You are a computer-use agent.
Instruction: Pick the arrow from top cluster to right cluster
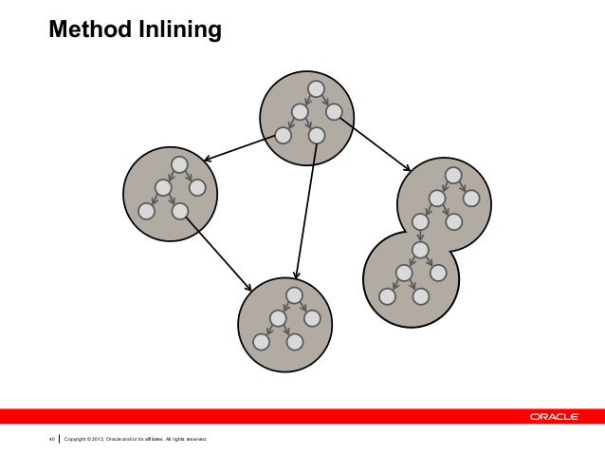point(375,146)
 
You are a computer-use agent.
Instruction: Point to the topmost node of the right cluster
point(454,176)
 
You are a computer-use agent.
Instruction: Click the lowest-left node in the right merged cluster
point(387,295)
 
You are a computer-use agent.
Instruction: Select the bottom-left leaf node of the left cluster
point(146,211)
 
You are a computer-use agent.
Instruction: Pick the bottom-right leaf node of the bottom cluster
point(295,341)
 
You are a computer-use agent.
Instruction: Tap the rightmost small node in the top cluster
point(333,112)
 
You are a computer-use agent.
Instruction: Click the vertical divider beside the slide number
point(60,438)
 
